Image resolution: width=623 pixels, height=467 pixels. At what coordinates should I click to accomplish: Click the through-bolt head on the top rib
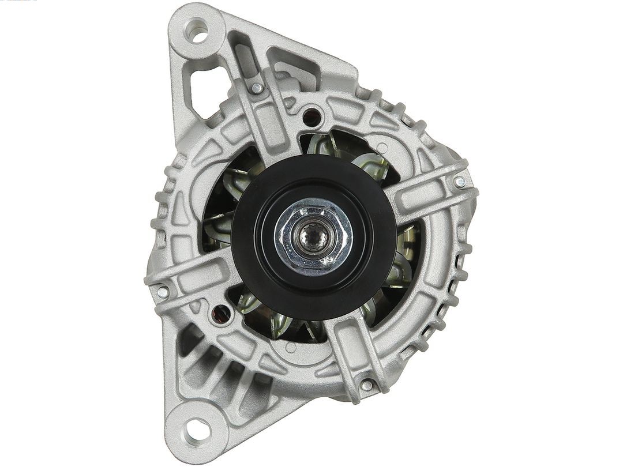[x=256, y=88]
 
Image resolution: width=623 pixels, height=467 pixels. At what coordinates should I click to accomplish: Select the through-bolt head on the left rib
[x=162, y=292]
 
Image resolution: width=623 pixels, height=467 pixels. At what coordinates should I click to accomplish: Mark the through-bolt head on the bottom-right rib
[x=366, y=385]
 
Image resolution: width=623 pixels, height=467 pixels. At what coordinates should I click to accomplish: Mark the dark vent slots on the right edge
[x=456, y=288]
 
